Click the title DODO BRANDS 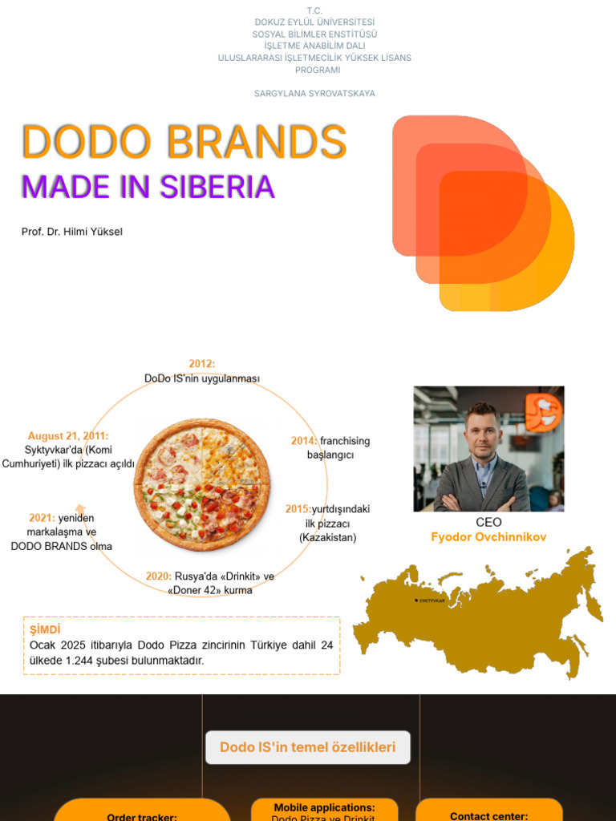click(184, 142)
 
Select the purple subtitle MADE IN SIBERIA click(148, 187)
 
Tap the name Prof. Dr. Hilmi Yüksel click(72, 232)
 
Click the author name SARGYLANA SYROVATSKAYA click(314, 94)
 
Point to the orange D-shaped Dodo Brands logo click(482, 212)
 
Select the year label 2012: click(202, 364)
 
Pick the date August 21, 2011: click(67, 436)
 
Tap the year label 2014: click(304, 441)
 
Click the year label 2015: click(298, 509)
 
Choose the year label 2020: click(159, 576)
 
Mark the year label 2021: click(41, 518)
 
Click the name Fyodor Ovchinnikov click(488, 537)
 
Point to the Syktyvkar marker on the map click(416, 600)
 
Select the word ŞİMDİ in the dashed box click(45, 629)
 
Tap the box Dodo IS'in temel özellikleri click(308, 747)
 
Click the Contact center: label click(488, 816)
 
